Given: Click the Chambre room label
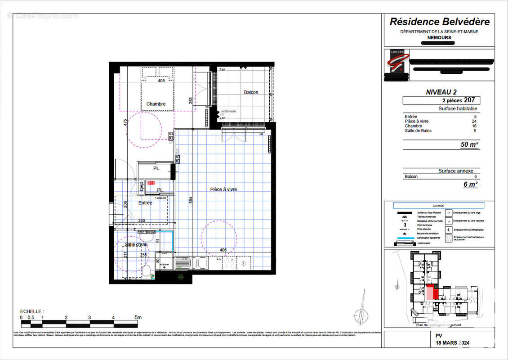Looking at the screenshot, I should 156,104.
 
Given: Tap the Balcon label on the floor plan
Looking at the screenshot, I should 251,92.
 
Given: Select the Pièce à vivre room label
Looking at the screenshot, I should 223,189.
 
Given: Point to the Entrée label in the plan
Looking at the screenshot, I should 145,203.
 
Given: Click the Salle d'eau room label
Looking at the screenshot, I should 136,244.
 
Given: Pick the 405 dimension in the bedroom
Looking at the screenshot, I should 161,81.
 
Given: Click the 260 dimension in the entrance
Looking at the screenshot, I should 141,220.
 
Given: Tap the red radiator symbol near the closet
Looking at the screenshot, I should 150,183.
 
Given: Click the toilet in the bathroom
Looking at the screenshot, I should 146,271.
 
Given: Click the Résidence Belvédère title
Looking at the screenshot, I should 439,22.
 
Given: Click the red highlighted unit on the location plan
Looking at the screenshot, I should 430,292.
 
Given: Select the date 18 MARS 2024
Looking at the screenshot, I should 452,343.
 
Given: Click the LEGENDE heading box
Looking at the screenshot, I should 438,205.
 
